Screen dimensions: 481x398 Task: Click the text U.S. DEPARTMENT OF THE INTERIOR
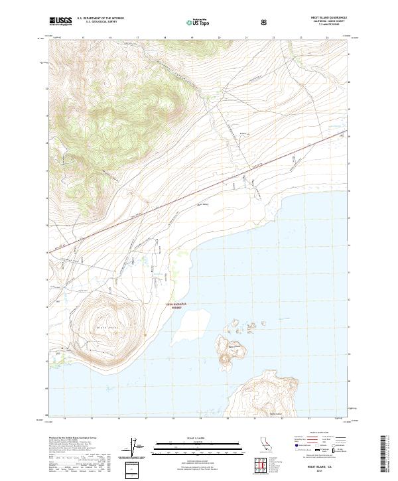coord(101,19)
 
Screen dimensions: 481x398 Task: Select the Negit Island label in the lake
coord(233,345)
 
